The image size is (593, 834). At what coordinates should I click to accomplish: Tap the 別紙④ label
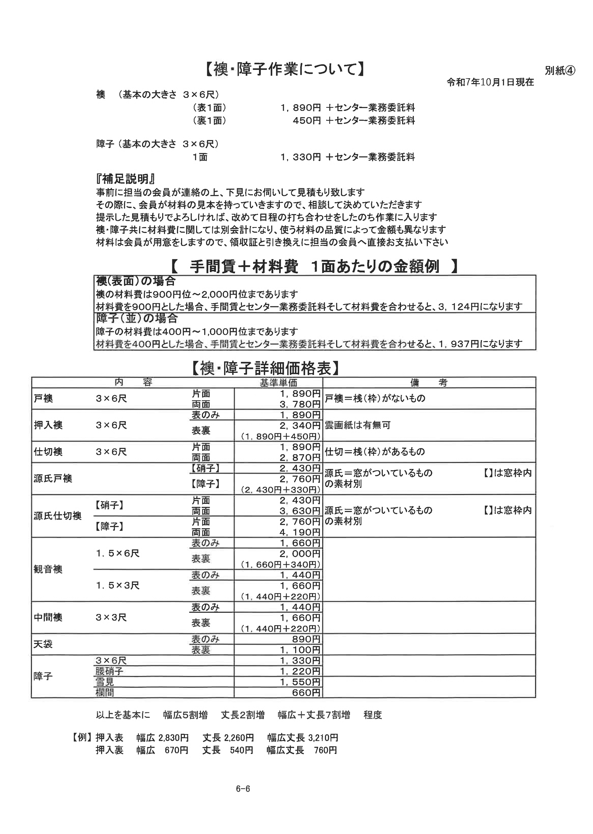pyautogui.click(x=559, y=70)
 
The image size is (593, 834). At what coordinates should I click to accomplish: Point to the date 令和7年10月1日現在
pyautogui.click(x=490, y=82)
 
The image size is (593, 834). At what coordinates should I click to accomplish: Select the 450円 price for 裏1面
pyautogui.click(x=307, y=120)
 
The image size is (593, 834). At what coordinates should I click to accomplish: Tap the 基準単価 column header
pyautogui.click(x=278, y=382)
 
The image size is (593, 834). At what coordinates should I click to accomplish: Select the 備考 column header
pyautogui.click(x=429, y=382)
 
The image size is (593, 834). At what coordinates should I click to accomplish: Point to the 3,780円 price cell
pyautogui.click(x=300, y=404)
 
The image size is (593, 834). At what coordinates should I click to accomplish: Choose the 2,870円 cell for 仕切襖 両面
pyautogui.click(x=300, y=457)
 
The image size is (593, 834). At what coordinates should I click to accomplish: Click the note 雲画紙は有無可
pyautogui.click(x=357, y=425)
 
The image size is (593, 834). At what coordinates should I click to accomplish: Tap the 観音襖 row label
pyautogui.click(x=48, y=569)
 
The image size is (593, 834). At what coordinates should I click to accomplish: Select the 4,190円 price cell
pyautogui.click(x=300, y=532)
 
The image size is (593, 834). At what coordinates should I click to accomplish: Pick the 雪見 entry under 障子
pyautogui.click(x=105, y=682)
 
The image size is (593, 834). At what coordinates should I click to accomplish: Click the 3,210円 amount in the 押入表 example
pyautogui.click(x=323, y=738)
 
